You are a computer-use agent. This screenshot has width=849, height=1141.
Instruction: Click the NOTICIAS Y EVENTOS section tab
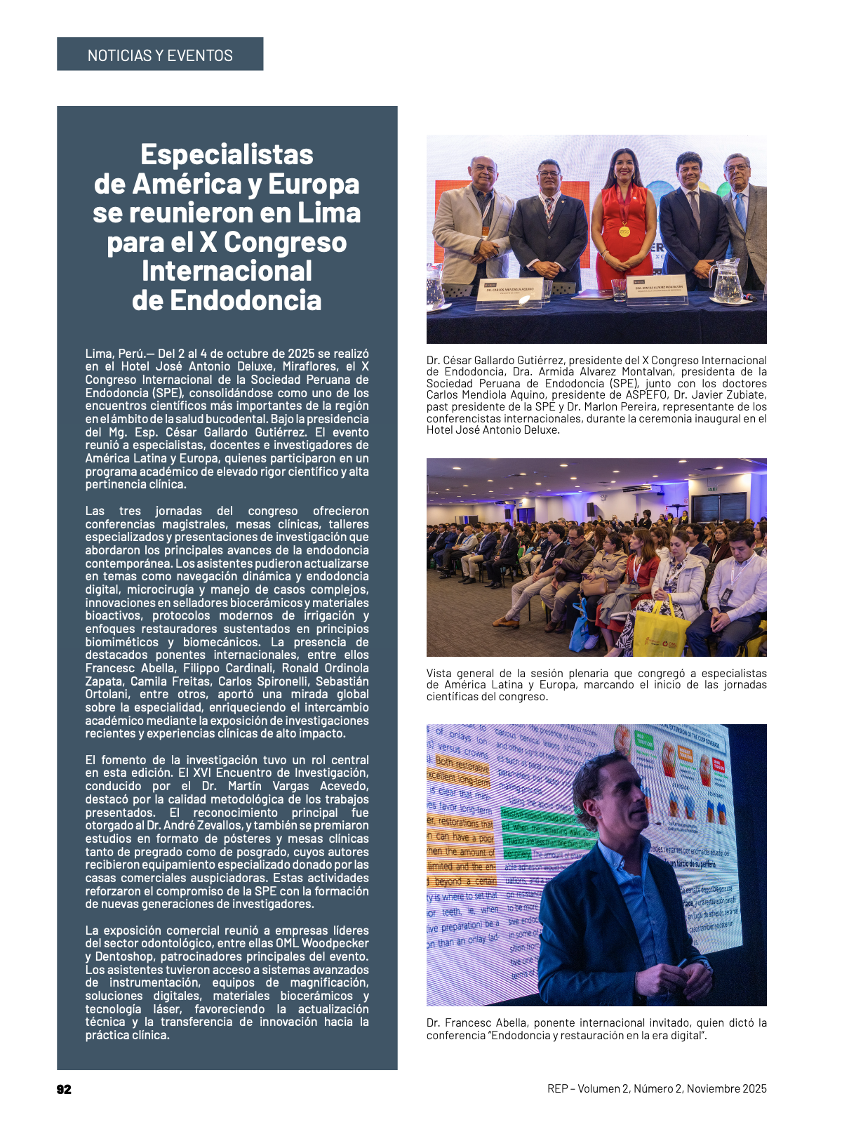(x=160, y=55)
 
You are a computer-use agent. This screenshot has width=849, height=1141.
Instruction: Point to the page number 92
(x=64, y=1089)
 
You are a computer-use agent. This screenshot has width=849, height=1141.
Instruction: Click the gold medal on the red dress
(x=624, y=232)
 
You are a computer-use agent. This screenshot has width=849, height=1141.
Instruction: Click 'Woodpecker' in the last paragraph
(x=335, y=943)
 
